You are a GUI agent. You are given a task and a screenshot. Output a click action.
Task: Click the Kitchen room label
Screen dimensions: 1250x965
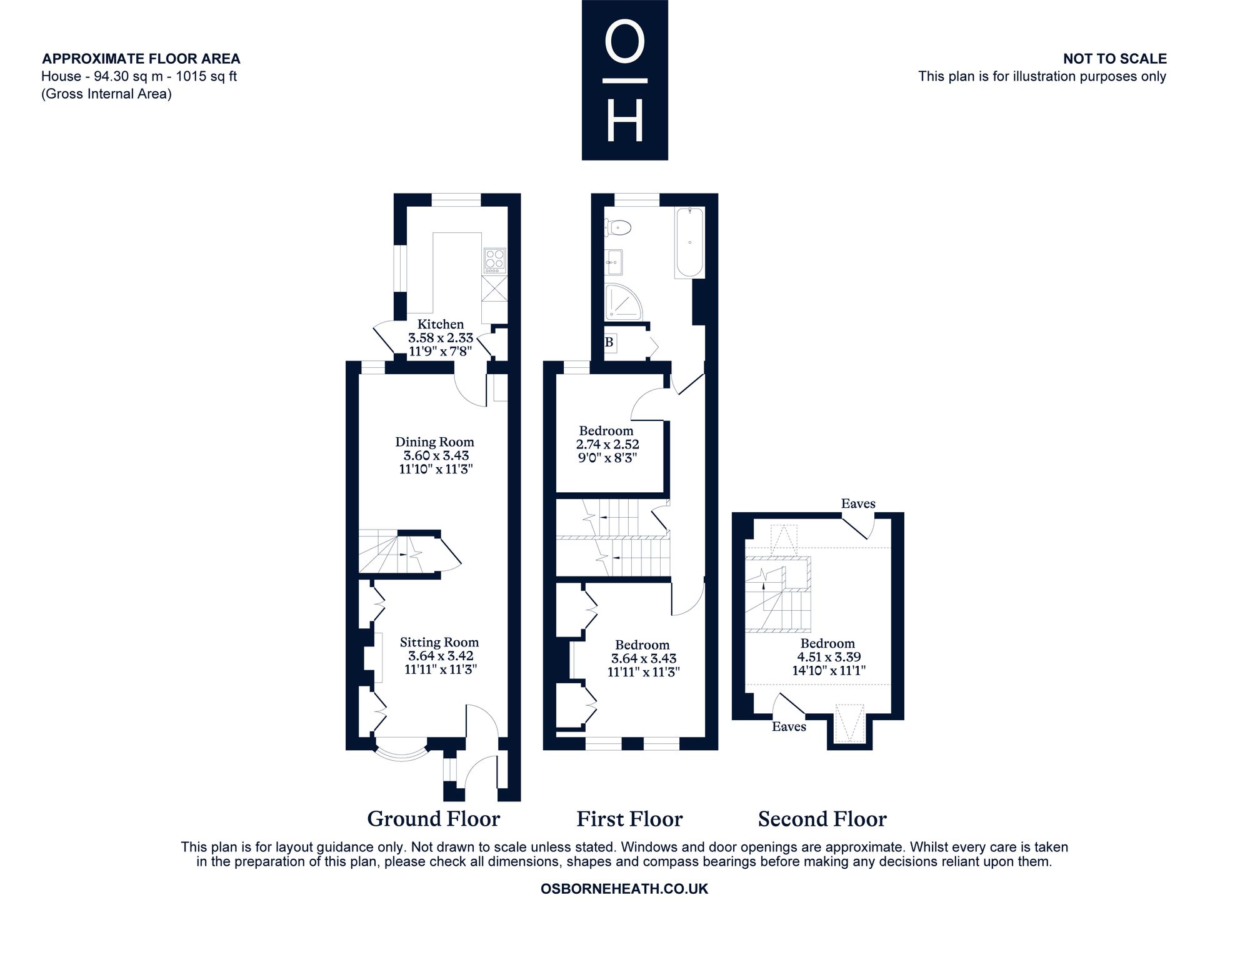(441, 324)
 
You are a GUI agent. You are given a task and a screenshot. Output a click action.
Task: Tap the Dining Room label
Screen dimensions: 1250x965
(434, 442)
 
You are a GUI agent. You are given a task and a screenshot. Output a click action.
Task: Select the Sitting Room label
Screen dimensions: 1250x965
(439, 642)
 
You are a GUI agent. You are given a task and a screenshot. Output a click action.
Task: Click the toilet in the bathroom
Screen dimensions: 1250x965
(618, 228)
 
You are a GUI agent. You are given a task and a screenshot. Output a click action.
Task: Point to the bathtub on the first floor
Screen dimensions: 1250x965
(689, 243)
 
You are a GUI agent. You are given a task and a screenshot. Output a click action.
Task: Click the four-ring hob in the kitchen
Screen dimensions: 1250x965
(494, 261)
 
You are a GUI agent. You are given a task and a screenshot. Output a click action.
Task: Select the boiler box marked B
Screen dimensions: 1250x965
(610, 343)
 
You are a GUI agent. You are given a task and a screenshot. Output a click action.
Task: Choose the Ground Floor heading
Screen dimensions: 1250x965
(434, 819)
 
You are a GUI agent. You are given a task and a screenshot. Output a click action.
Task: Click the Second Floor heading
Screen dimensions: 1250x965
(822, 819)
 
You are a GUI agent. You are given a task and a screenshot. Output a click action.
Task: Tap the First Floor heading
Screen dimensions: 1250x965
(629, 819)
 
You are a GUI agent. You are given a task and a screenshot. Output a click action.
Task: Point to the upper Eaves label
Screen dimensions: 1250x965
(858, 503)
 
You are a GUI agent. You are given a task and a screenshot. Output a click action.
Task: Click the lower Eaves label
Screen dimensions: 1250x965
(789, 726)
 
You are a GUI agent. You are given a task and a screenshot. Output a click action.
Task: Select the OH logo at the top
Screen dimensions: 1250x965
(625, 80)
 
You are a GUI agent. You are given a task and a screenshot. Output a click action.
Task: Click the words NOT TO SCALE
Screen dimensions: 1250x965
(1115, 59)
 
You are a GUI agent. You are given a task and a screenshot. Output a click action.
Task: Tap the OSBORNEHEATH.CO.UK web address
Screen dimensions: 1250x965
(624, 889)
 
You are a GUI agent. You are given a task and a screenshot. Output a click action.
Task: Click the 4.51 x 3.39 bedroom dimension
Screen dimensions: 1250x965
(829, 657)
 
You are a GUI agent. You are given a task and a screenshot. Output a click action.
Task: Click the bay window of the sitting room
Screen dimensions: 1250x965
(401, 752)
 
